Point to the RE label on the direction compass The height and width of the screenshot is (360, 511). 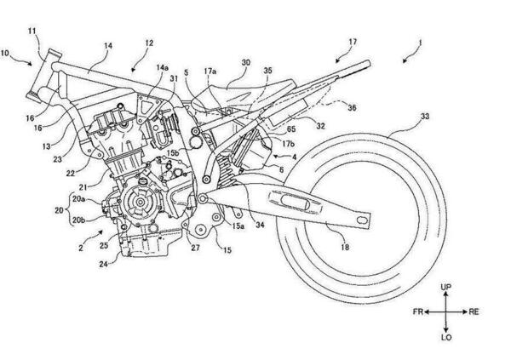tap(474, 312)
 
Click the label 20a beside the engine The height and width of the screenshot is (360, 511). tap(79, 197)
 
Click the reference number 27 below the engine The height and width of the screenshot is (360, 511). tap(195, 249)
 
